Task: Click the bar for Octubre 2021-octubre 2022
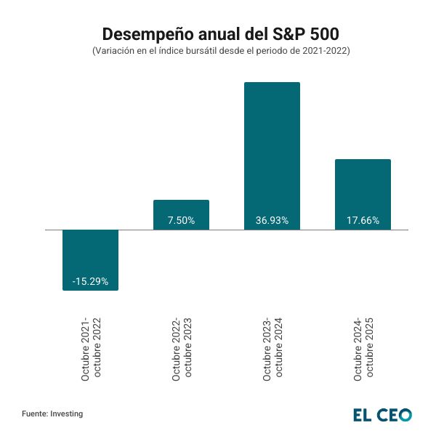[x=90, y=259]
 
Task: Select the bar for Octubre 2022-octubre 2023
[x=181, y=214]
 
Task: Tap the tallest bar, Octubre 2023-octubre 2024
[x=272, y=156]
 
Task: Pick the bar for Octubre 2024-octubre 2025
[x=363, y=194]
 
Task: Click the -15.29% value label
[x=90, y=281]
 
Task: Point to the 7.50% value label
[x=181, y=220]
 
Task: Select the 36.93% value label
[x=272, y=220]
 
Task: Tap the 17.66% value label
[x=363, y=220]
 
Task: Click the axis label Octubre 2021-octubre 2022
[x=91, y=349]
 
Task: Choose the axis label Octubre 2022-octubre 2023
[x=182, y=349]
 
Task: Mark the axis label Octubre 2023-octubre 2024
[x=272, y=349]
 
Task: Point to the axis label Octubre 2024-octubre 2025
[x=363, y=349]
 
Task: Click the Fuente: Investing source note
[x=52, y=413]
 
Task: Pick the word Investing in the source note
[x=66, y=413]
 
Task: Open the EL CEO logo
[x=382, y=414]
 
